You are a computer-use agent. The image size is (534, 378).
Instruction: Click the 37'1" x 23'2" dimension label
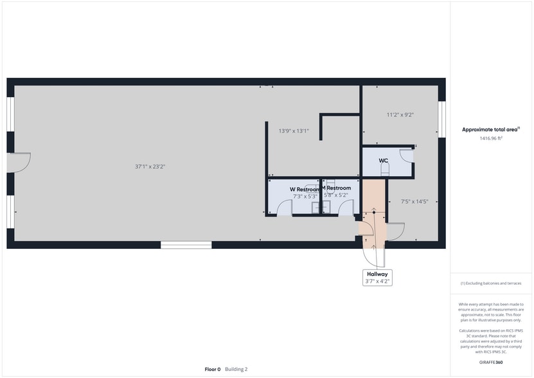(x=150, y=166)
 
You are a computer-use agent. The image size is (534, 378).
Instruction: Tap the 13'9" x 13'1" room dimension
(x=294, y=131)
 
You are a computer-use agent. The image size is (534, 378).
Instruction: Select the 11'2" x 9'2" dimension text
(x=400, y=115)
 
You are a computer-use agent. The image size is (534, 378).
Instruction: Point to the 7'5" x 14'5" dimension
(x=414, y=201)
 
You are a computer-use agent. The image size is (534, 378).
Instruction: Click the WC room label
(x=384, y=161)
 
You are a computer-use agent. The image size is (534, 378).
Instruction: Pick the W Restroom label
(x=305, y=189)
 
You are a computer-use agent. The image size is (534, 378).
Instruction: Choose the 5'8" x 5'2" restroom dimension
(x=336, y=195)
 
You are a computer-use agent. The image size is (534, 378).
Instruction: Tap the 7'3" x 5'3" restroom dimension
(x=305, y=197)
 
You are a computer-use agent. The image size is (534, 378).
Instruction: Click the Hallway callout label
(x=377, y=274)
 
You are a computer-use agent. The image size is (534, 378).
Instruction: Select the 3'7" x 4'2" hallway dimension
(x=377, y=282)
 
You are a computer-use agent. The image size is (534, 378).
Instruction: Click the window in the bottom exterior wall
(x=186, y=245)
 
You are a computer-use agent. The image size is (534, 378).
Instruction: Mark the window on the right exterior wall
(x=441, y=120)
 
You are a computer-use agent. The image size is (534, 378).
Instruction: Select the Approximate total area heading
(x=490, y=129)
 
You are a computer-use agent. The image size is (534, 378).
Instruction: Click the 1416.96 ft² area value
(x=491, y=138)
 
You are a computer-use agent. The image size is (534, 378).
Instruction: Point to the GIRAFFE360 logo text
(x=491, y=363)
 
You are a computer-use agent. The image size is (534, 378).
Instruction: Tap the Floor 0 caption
(x=213, y=369)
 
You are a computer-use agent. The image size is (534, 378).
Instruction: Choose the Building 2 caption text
(x=236, y=369)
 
